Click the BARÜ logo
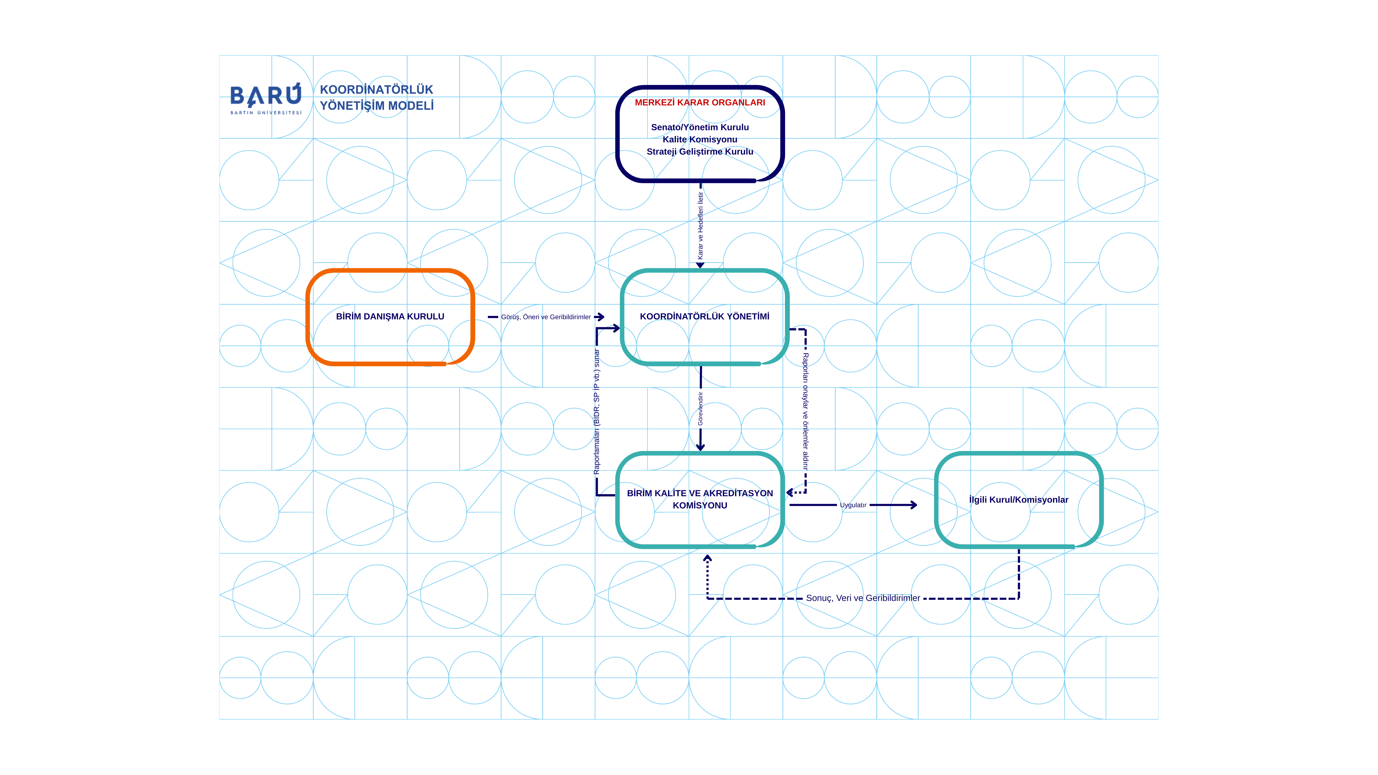pyautogui.click(x=266, y=98)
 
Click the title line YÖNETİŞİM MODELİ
pyautogui.click(x=377, y=106)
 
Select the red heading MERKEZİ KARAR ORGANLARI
pyautogui.click(x=700, y=102)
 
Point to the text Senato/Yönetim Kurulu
pyautogui.click(x=700, y=127)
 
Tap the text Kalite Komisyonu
pyautogui.click(x=700, y=140)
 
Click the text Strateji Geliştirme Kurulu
pyautogui.click(x=700, y=152)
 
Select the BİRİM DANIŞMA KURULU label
pyautogui.click(x=390, y=317)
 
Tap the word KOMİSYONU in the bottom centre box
pyautogui.click(x=700, y=505)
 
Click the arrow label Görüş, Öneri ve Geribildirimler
pyautogui.click(x=546, y=317)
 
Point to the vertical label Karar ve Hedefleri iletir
pyautogui.click(x=700, y=226)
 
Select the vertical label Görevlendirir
pyautogui.click(x=700, y=409)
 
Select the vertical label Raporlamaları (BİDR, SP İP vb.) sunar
pyautogui.click(x=597, y=412)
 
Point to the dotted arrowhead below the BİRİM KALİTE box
pyautogui.click(x=707, y=558)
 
